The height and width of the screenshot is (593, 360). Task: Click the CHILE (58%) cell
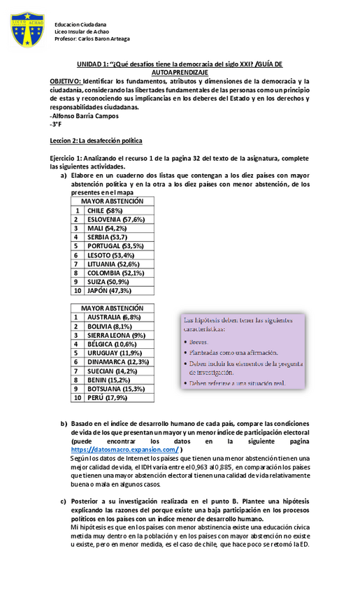point(105,210)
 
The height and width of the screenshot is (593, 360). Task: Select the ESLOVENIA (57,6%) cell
point(115,219)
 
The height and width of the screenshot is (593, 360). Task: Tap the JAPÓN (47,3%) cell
point(110,291)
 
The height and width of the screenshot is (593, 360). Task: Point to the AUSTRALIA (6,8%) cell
point(114,317)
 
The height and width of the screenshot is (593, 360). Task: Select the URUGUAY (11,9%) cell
point(114,352)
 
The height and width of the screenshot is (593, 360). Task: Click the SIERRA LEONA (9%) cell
point(115,335)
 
